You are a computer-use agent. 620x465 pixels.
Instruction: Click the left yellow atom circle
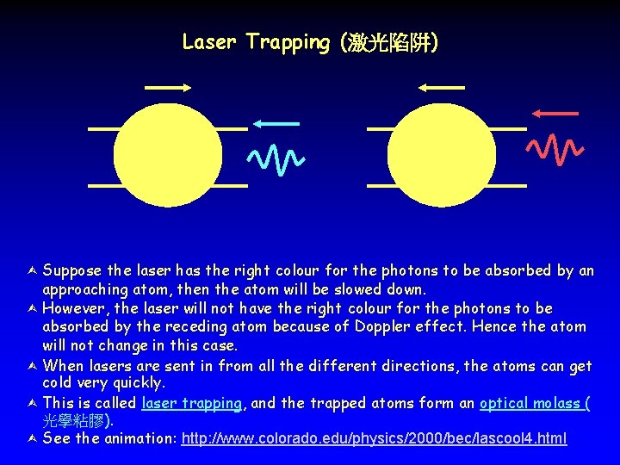pos(168,156)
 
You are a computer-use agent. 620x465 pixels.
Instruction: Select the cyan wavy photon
pos(276,157)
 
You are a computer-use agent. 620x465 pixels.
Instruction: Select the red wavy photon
pos(555,148)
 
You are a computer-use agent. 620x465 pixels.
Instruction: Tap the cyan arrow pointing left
pos(276,124)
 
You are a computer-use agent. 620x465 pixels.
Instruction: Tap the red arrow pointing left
pos(555,113)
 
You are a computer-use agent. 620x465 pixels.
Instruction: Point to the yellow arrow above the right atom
pos(442,87)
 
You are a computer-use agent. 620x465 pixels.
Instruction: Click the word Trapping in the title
pos(288,42)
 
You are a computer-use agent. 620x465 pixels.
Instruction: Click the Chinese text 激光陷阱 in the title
pos(392,42)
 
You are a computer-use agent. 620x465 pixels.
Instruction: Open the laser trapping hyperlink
pos(192,402)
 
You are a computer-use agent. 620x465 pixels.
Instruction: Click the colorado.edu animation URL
pos(374,438)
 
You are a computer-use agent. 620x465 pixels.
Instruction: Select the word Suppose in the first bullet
pos(71,270)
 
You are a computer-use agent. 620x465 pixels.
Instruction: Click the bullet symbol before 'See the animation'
pos(32,439)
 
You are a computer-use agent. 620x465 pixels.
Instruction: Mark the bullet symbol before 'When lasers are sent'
pos(32,366)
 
